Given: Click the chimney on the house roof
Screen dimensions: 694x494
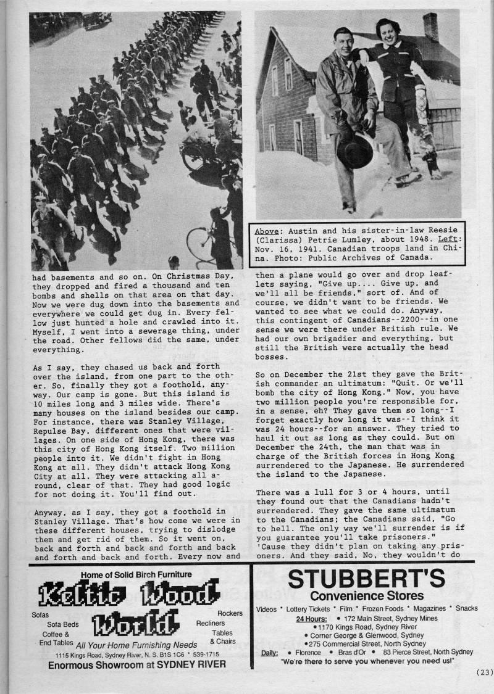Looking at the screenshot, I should point(430,27).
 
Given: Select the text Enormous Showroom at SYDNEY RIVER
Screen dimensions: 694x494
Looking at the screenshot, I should point(136,664).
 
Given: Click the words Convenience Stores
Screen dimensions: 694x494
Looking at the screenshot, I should point(367,595).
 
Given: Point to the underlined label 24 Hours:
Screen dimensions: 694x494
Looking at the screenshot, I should point(312,618).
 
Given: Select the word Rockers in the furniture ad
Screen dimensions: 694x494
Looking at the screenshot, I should point(229,614).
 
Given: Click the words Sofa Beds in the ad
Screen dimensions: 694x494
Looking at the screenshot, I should point(61,624).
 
